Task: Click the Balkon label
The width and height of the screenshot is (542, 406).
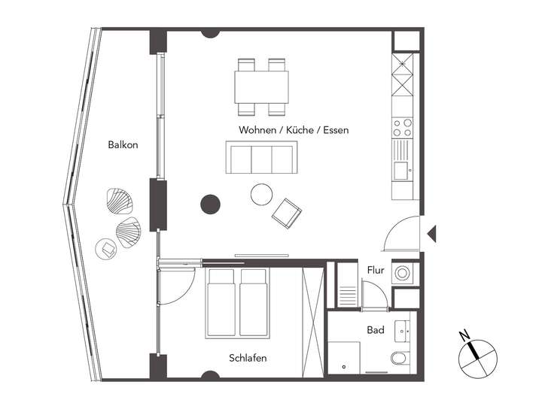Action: tap(123, 144)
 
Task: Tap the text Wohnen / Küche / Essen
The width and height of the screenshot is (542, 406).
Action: tap(294, 130)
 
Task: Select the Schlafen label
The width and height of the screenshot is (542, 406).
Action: tap(248, 358)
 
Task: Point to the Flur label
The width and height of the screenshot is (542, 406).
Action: tap(376, 270)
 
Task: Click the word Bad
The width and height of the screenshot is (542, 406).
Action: tap(376, 330)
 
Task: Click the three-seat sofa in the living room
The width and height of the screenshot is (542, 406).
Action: tap(261, 157)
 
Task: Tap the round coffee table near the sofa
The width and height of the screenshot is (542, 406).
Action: tap(262, 195)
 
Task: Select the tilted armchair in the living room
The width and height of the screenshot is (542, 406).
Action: tap(287, 213)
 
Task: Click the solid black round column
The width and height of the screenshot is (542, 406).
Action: tap(210, 203)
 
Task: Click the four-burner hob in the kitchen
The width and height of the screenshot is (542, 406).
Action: tap(403, 126)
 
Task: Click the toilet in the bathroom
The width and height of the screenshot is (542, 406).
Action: tap(399, 359)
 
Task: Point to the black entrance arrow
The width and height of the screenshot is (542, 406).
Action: tap(431, 234)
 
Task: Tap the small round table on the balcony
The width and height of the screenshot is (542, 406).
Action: tap(105, 247)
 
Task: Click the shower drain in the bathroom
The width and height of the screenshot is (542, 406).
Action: tap(343, 367)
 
